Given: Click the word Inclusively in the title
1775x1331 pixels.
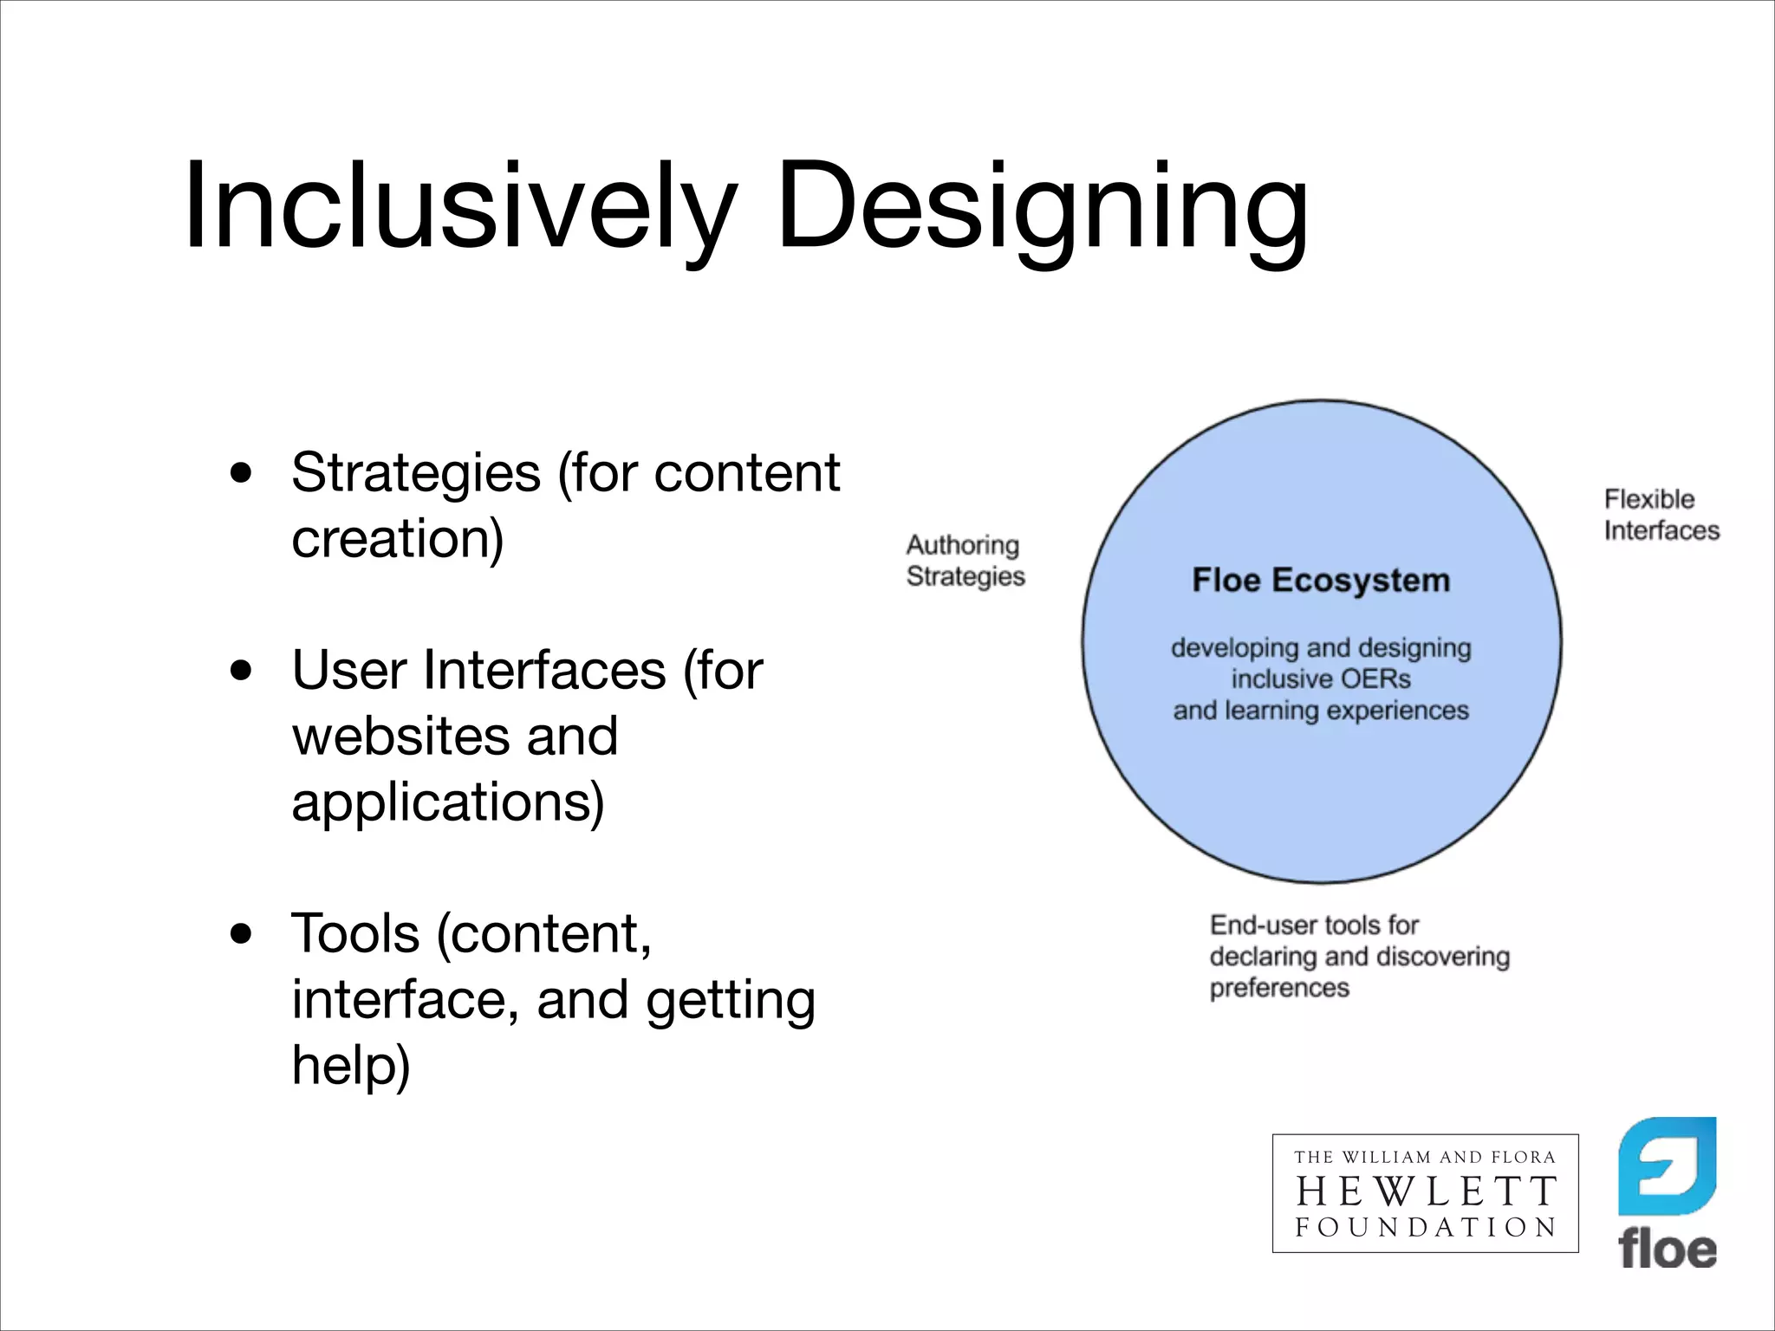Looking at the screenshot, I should coord(459,208).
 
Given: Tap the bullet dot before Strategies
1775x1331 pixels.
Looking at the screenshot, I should coord(242,473).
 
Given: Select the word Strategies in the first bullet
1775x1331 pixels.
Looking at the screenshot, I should coord(416,475).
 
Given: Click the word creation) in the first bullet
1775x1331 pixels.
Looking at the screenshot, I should coord(398,539).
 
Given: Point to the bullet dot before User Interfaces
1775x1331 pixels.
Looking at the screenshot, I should coord(242,671).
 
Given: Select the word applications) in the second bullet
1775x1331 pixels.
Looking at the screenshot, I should coord(448,802).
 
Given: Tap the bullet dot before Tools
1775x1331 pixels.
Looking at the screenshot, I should coord(242,934).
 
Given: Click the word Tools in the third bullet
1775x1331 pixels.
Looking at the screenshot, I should coord(355,934).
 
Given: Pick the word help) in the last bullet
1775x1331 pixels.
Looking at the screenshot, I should coord(350,1066).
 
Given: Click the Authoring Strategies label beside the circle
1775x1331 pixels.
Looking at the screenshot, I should coord(965,561).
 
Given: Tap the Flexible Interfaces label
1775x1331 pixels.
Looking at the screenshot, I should coord(1661,515).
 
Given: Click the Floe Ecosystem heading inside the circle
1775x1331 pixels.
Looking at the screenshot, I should coord(1321,581).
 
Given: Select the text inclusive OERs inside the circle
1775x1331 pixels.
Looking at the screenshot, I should coord(1321,679).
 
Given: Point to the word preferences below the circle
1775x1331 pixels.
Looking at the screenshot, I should coord(1279,988).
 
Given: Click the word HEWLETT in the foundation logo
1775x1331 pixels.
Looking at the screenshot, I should coord(1426,1192).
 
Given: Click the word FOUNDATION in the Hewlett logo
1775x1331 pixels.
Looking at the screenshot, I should coord(1426,1227).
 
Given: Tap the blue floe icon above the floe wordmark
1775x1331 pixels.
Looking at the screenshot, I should coord(1667,1166).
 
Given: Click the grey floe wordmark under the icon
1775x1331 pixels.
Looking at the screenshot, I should coord(1667,1250).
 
